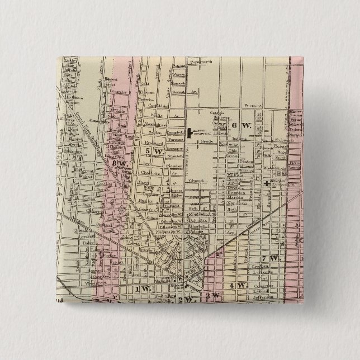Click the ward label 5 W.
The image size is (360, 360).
tap(147, 151)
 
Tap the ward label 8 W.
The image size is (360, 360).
tap(119, 163)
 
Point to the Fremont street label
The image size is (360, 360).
tap(254, 106)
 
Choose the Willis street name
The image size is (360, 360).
tap(160, 116)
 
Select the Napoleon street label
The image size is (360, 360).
tap(236, 203)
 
